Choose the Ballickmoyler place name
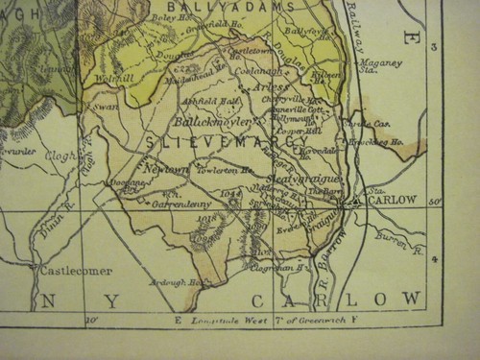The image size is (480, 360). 212,123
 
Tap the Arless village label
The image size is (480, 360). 272,87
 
